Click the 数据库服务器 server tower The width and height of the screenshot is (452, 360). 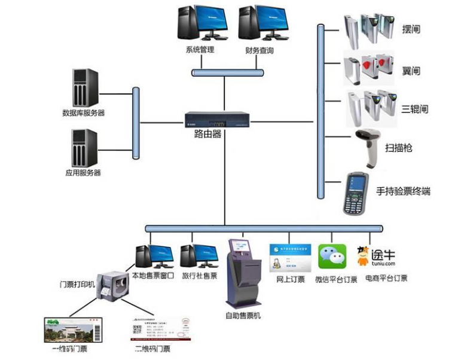[85, 87]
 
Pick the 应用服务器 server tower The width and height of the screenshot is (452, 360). [84, 148]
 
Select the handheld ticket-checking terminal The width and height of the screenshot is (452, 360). [355, 193]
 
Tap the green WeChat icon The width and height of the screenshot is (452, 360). [332, 258]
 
